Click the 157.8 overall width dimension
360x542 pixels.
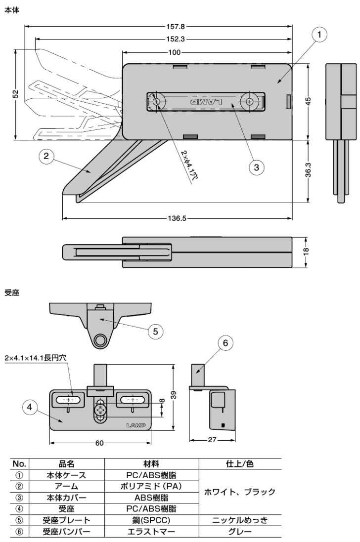tap(176, 26)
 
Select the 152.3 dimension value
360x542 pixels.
tap(176, 39)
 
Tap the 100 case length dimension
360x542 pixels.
tap(175, 52)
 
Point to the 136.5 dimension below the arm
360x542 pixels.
tap(177, 218)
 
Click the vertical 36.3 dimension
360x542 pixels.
tap(308, 170)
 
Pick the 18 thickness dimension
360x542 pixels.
tap(306, 251)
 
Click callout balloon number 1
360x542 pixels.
tap(319, 35)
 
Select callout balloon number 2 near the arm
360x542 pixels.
tap(46, 156)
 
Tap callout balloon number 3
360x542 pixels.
tap(256, 167)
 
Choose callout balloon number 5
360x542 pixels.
tap(155, 331)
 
